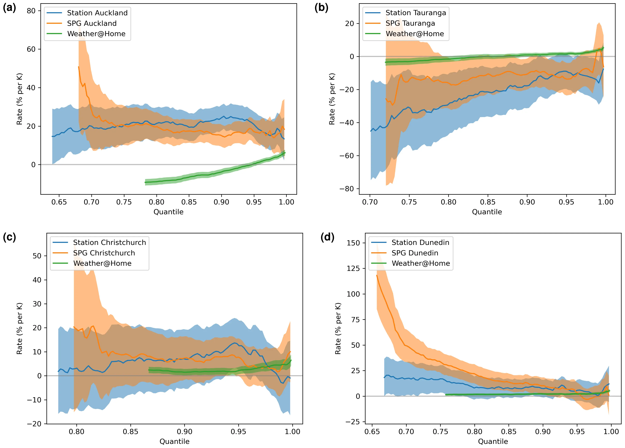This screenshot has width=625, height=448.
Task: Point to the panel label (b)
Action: pos(321,8)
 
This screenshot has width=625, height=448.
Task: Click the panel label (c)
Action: pos(9,237)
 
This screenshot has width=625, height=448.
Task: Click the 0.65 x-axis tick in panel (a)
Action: pos(59,202)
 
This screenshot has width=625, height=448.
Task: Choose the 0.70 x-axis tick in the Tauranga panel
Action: pos(370,202)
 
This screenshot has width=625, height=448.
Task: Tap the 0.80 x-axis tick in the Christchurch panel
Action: pos(76,431)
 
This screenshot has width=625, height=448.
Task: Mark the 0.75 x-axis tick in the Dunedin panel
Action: pos(440,431)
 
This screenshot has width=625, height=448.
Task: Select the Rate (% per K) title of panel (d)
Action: pos(338,328)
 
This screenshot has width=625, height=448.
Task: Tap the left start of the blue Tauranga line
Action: pos(371,131)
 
